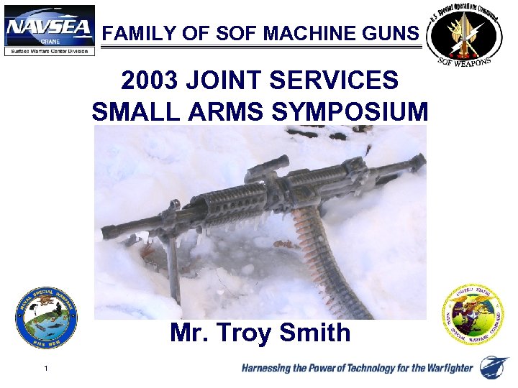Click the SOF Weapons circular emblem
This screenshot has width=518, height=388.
tap(463, 34)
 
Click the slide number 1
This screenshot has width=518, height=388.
tap(45, 369)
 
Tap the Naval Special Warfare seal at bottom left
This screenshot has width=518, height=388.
tap(47, 318)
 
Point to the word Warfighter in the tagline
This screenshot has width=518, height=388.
tap(443, 369)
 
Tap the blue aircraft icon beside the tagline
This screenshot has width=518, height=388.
tap(494, 366)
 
